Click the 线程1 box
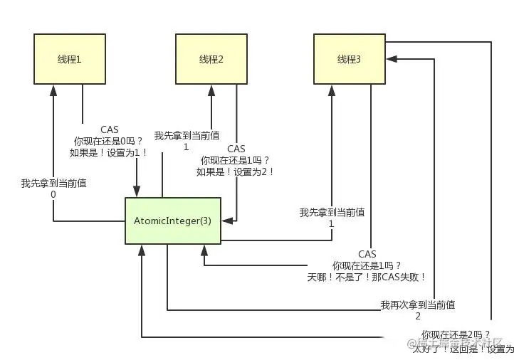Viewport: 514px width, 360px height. [x=68, y=60]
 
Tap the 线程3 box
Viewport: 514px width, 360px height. [x=349, y=60]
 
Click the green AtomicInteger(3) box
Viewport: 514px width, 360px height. [x=173, y=221]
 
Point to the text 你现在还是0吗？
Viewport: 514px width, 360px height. [x=109, y=141]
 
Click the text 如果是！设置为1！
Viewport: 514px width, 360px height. [x=109, y=152]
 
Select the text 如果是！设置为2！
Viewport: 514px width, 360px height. [x=235, y=171]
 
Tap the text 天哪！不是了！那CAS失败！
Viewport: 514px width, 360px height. [x=366, y=277]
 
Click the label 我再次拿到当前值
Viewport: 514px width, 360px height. [x=418, y=305]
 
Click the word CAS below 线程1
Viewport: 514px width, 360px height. [x=110, y=129]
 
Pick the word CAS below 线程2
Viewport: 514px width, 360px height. [x=236, y=149]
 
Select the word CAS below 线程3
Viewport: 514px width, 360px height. [x=367, y=254]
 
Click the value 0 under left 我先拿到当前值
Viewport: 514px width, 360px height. [x=53, y=194]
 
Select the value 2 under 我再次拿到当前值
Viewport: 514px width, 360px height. [x=418, y=316]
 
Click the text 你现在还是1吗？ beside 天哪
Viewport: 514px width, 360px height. [x=367, y=265]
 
